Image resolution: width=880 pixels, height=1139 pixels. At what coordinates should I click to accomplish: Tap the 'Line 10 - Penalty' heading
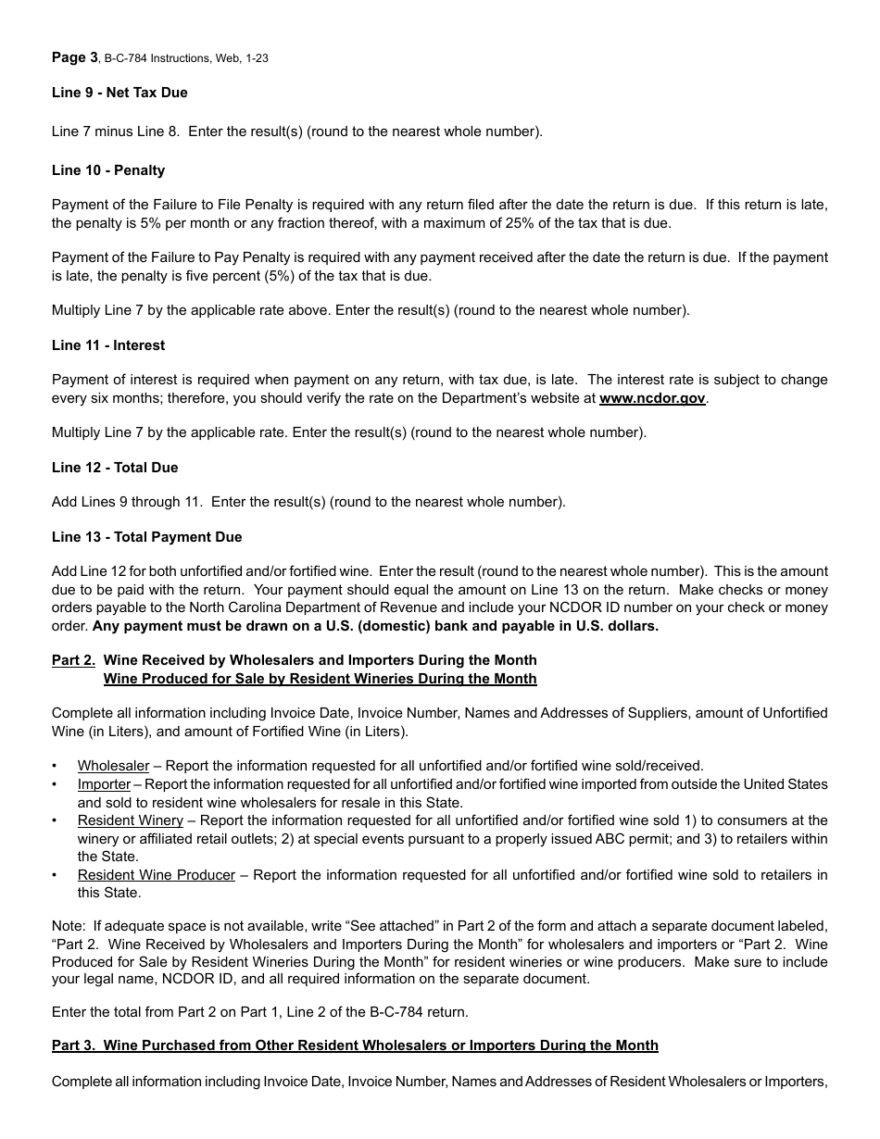[x=108, y=170]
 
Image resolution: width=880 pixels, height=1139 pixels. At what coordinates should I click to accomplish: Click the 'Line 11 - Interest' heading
[x=108, y=345]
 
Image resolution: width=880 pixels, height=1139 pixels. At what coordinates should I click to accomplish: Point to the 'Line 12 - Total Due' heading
[x=115, y=468]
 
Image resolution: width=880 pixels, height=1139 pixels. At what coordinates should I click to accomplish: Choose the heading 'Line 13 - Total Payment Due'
[x=146, y=537]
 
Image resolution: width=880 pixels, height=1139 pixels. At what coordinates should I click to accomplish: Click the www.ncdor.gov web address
[x=652, y=398]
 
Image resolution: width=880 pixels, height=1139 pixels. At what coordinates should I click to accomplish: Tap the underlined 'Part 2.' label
[x=73, y=660]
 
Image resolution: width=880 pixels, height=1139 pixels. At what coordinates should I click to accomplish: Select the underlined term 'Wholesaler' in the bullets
[x=113, y=766]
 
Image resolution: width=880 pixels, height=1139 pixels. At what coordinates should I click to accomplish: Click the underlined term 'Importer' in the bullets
[x=104, y=784]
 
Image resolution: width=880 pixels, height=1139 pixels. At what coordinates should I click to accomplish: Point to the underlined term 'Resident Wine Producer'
[x=156, y=875]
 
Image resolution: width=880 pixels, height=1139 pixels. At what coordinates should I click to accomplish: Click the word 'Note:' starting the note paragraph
[x=69, y=926]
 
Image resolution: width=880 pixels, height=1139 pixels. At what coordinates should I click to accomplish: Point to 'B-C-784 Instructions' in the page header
[x=157, y=58]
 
